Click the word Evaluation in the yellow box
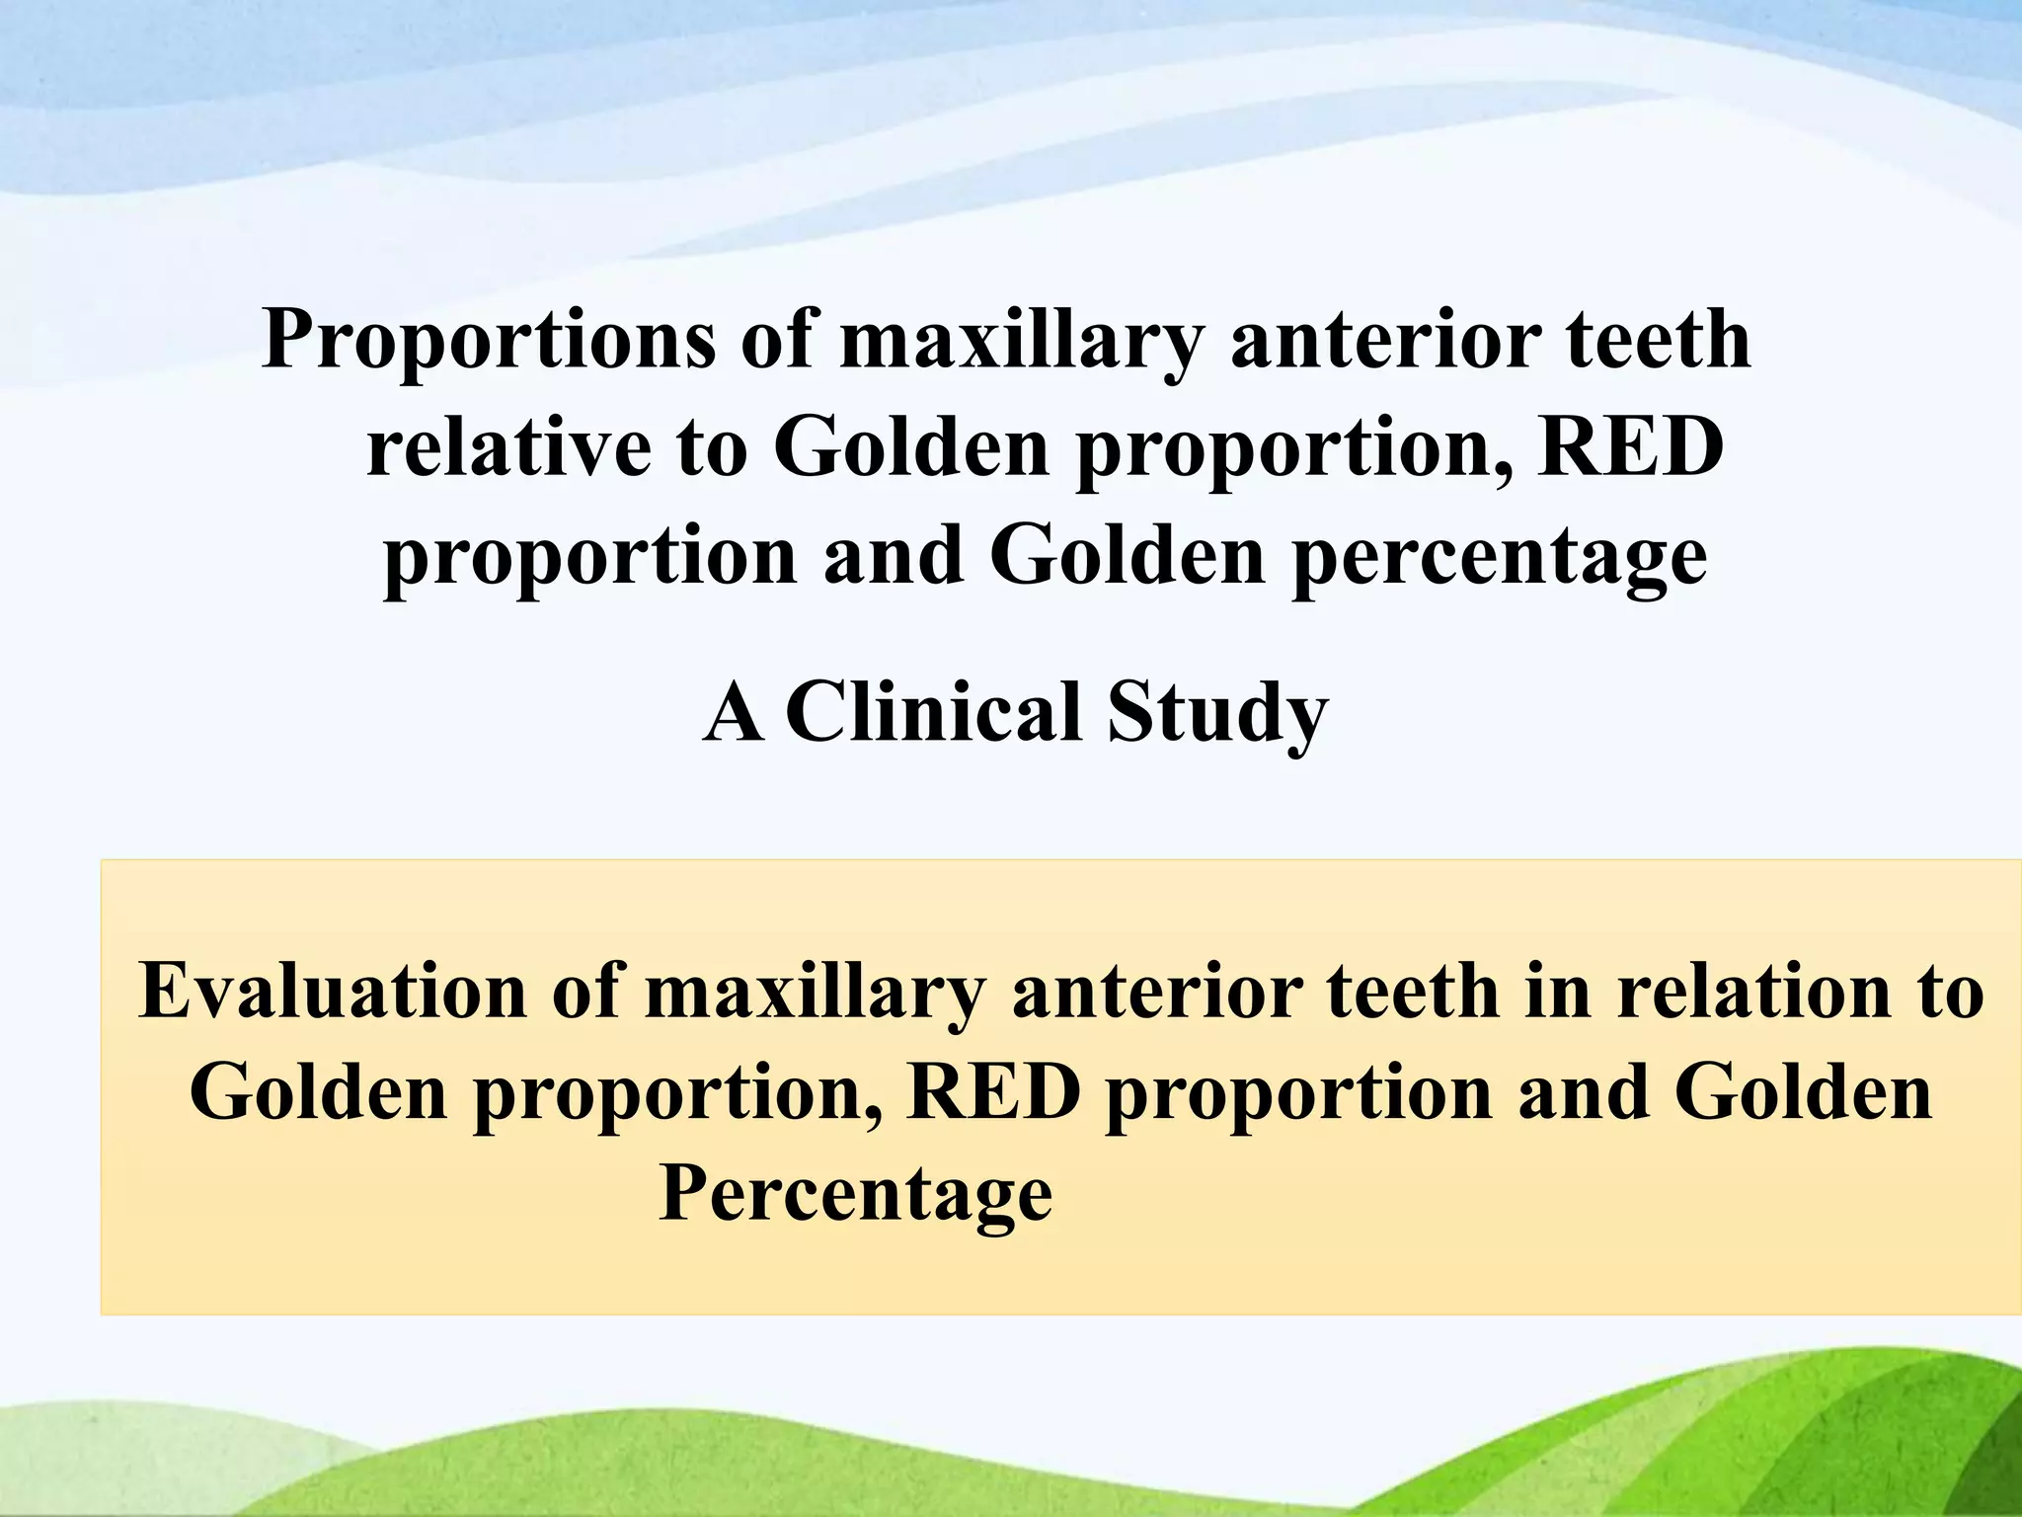[334, 991]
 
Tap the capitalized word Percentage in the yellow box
[855, 1194]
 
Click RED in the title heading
[1629, 448]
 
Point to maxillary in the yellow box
[816, 991]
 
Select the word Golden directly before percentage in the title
[1128, 556]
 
